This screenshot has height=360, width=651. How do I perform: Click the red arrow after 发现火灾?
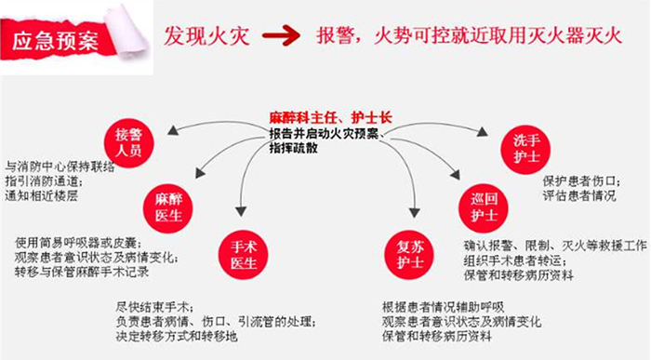[280, 37]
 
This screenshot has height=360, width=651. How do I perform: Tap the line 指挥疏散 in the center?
[293, 148]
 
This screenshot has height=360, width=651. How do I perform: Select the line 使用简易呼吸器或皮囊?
[74, 242]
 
